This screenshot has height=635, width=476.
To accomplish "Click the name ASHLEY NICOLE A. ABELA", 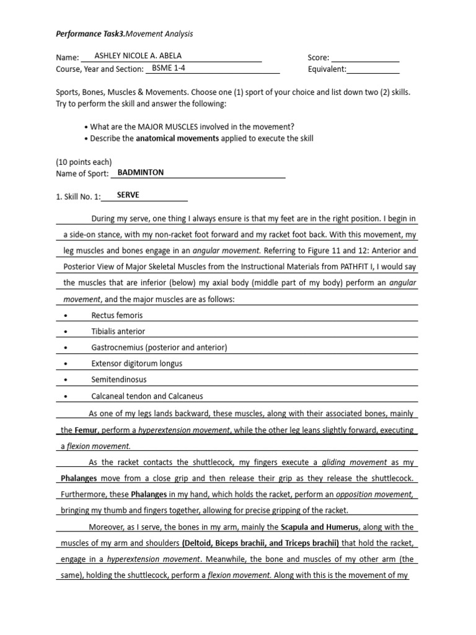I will tap(138, 56).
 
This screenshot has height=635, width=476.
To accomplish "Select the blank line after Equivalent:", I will tap(373, 70).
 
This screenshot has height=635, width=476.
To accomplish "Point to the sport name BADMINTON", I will tap(141, 172).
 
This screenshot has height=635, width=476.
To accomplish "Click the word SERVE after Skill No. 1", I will tap(128, 195).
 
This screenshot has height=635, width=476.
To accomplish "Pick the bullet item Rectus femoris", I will tap(117, 316).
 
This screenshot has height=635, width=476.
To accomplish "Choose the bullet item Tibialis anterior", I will tap(118, 332).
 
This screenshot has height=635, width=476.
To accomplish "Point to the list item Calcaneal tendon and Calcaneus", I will tap(147, 396).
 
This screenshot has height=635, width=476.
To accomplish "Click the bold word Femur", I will tap(86, 430).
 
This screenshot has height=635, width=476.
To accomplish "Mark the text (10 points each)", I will tap(84, 162).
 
